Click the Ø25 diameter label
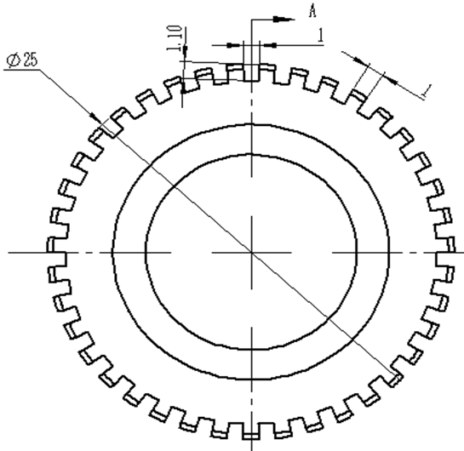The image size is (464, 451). (22, 60)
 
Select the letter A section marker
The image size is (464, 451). (312, 12)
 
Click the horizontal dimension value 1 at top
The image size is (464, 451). (320, 36)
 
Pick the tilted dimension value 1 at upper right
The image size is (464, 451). (427, 91)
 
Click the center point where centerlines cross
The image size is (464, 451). (251, 253)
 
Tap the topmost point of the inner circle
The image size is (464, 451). (251, 154)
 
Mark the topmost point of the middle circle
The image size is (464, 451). (251, 124)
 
